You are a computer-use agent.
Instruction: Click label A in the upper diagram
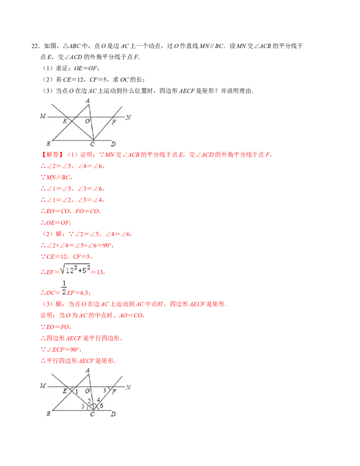tap(87, 100)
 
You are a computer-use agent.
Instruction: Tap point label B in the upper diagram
tap(48, 144)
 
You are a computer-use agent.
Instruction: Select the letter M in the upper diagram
tap(43, 116)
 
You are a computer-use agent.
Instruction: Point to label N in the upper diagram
tap(128, 118)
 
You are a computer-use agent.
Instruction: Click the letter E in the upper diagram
tap(65, 121)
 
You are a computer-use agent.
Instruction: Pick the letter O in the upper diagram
tap(87, 121)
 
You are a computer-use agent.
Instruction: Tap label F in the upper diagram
tap(114, 122)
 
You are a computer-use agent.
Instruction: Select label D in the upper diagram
tap(113, 144)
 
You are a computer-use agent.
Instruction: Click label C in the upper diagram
tap(92, 144)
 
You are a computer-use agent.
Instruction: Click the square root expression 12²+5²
tap(76, 270)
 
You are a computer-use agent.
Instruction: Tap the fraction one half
tap(64, 286)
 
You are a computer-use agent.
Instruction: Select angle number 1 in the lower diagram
tap(76, 392)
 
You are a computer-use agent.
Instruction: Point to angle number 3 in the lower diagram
tap(104, 390)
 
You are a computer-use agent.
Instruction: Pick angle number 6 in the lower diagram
tap(102, 406)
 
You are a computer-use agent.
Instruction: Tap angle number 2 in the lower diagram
tap(89, 401)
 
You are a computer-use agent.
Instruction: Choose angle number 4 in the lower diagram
tap(98, 399)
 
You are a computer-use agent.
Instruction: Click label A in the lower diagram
tap(87, 370)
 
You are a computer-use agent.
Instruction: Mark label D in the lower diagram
tap(113, 414)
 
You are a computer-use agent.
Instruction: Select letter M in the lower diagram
tap(43, 386)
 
